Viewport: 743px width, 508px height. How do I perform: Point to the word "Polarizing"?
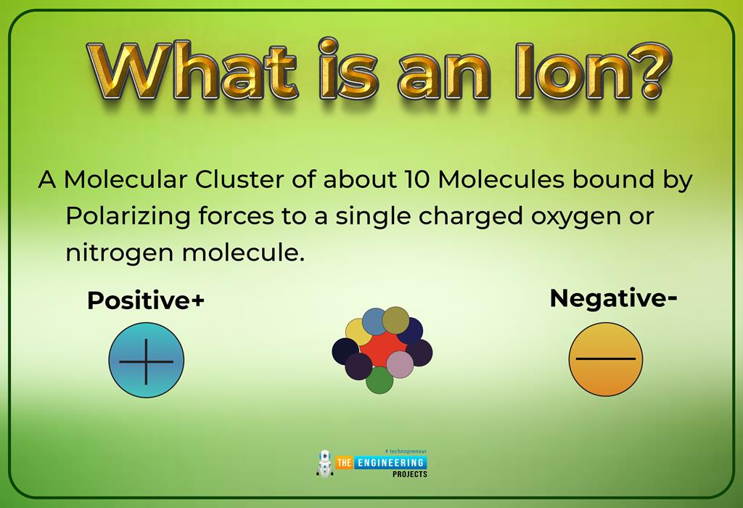(128, 216)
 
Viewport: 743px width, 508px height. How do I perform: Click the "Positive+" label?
(145, 300)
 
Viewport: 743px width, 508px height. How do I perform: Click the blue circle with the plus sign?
(146, 361)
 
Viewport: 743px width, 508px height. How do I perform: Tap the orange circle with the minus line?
(606, 359)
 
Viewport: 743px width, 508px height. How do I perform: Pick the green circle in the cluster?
(379, 380)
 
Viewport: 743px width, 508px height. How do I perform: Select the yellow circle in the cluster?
(358, 332)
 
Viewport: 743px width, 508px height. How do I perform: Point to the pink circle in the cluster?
(400, 364)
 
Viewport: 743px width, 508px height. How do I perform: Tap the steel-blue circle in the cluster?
(375, 320)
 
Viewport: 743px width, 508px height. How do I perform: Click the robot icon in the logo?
(325, 463)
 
